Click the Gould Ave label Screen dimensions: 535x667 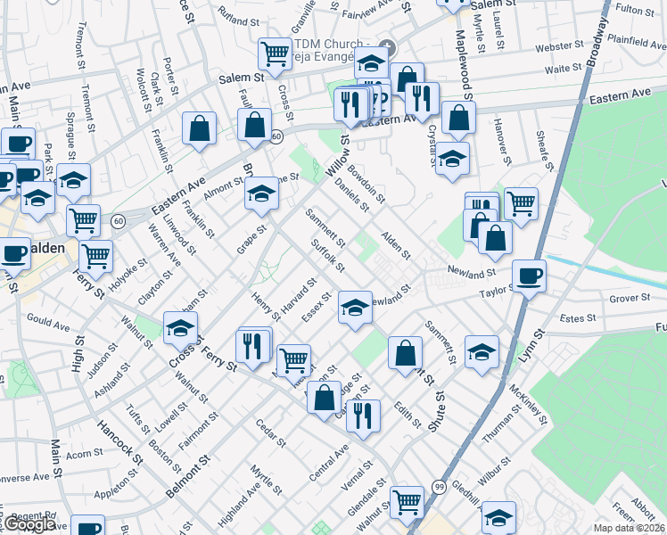click(48, 321)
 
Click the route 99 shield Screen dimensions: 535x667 click(440, 486)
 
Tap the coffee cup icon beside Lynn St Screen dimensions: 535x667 click(529, 276)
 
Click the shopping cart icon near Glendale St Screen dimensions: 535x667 click(408, 501)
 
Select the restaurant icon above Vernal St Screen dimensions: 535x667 click(363, 415)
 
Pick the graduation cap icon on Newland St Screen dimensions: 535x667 click(355, 308)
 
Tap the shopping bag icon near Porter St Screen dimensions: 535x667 click(199, 128)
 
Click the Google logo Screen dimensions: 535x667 click(30, 524)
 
